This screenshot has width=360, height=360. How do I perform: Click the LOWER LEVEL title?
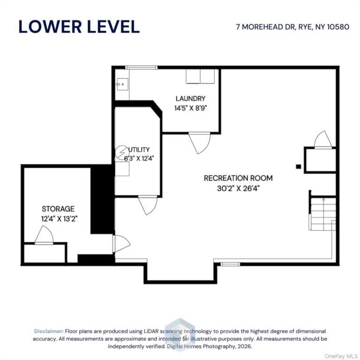(x=79, y=27)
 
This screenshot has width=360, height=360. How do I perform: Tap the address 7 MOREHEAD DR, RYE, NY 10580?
(x=292, y=27)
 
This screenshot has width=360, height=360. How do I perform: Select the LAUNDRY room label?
(x=190, y=98)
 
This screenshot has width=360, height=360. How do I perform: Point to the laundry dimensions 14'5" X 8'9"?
(x=191, y=108)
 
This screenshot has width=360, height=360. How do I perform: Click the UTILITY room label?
(x=139, y=150)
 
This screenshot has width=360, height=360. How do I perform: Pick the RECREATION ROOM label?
(x=238, y=178)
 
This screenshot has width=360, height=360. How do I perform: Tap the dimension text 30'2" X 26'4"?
(x=238, y=188)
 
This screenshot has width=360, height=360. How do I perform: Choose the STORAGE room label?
(x=58, y=209)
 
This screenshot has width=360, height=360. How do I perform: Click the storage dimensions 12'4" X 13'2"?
(x=59, y=219)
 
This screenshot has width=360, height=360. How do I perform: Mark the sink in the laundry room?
(x=122, y=84)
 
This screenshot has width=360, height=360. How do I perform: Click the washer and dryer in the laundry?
(x=200, y=76)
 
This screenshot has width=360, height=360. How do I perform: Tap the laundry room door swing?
(x=199, y=143)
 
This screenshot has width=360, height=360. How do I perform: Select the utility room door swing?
(x=148, y=205)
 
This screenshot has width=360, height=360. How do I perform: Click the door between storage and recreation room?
(x=121, y=244)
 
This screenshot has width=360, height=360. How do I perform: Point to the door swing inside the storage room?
(x=44, y=235)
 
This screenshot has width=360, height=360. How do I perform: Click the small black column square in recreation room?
(x=298, y=167)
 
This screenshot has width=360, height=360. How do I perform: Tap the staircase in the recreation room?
(x=322, y=214)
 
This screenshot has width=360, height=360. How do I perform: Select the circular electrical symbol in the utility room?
(x=122, y=153)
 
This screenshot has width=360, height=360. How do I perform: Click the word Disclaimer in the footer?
(x=49, y=331)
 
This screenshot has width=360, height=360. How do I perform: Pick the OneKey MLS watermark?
(x=341, y=356)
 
